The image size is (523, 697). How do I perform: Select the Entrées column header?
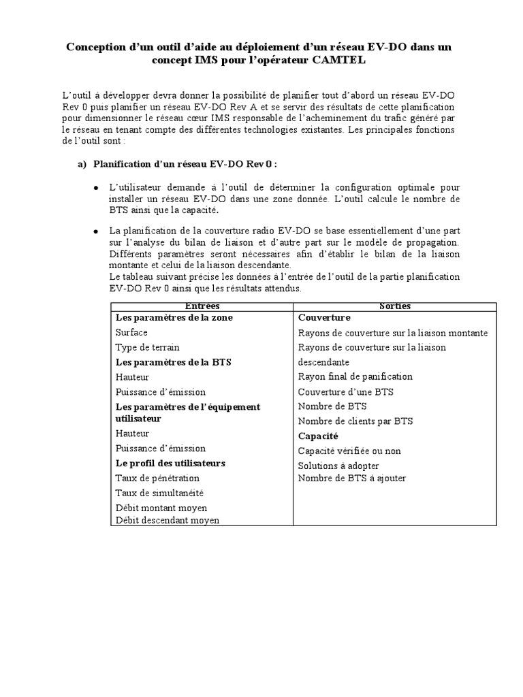tap(202, 306)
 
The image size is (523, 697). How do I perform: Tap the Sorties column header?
tap(394, 306)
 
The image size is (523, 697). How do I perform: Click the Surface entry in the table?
tap(131, 333)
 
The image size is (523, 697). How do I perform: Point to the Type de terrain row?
tap(147, 347)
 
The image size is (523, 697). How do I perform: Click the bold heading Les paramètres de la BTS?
tap(173, 362)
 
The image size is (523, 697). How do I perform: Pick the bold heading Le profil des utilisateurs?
tap(170, 463)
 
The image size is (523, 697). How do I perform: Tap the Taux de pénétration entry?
tap(157, 479)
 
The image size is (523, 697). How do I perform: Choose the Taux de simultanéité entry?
tap(159, 493)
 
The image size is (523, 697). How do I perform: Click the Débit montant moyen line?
tap(161, 508)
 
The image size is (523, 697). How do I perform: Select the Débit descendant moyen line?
tap(168, 521)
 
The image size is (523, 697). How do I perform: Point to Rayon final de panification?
tap(355, 376)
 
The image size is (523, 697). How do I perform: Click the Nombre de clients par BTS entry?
tap(355, 421)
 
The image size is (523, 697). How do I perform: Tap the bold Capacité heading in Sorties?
tap(318, 436)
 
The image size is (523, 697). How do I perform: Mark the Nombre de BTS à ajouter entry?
tap(352, 478)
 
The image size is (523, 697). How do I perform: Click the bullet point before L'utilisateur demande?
tap(95, 187)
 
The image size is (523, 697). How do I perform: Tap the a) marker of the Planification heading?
tap(82, 164)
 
